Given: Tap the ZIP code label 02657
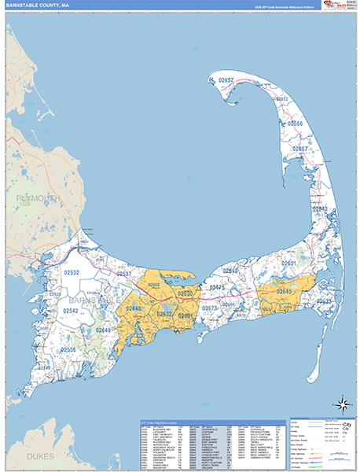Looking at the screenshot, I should pos(227,80).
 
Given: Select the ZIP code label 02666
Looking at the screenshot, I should pos(295,124).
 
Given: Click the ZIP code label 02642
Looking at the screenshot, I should pos(318,208).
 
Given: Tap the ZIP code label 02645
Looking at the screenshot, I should pos(284,292).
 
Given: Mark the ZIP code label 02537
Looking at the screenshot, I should pos(125,274).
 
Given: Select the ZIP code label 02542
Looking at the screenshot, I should pos(72,311).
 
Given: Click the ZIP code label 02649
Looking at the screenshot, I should pos(104,330).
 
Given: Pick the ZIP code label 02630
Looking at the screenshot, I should pos(186,293).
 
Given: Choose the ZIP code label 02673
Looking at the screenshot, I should pos(210,308).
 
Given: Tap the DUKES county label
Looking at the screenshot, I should pos(39,455).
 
